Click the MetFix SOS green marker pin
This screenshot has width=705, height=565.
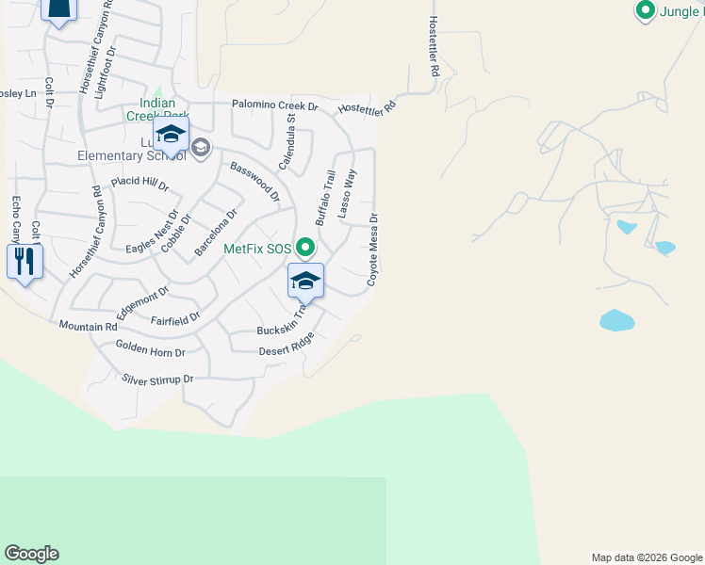coord(304,248)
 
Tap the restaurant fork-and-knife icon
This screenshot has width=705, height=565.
coord(25,261)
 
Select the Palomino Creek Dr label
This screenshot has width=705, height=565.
coord(275,105)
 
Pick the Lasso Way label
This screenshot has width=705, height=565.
coord(348,194)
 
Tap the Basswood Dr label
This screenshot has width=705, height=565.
coord(255,182)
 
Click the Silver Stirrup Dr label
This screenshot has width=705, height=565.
coord(157,379)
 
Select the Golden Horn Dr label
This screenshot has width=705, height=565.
coord(150,349)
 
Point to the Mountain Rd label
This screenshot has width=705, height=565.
coord(88,326)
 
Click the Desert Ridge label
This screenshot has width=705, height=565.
coord(287,347)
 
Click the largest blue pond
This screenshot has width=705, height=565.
coord(616,320)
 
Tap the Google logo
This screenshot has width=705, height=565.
coord(31,554)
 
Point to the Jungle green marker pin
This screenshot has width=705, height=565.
coord(646,10)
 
